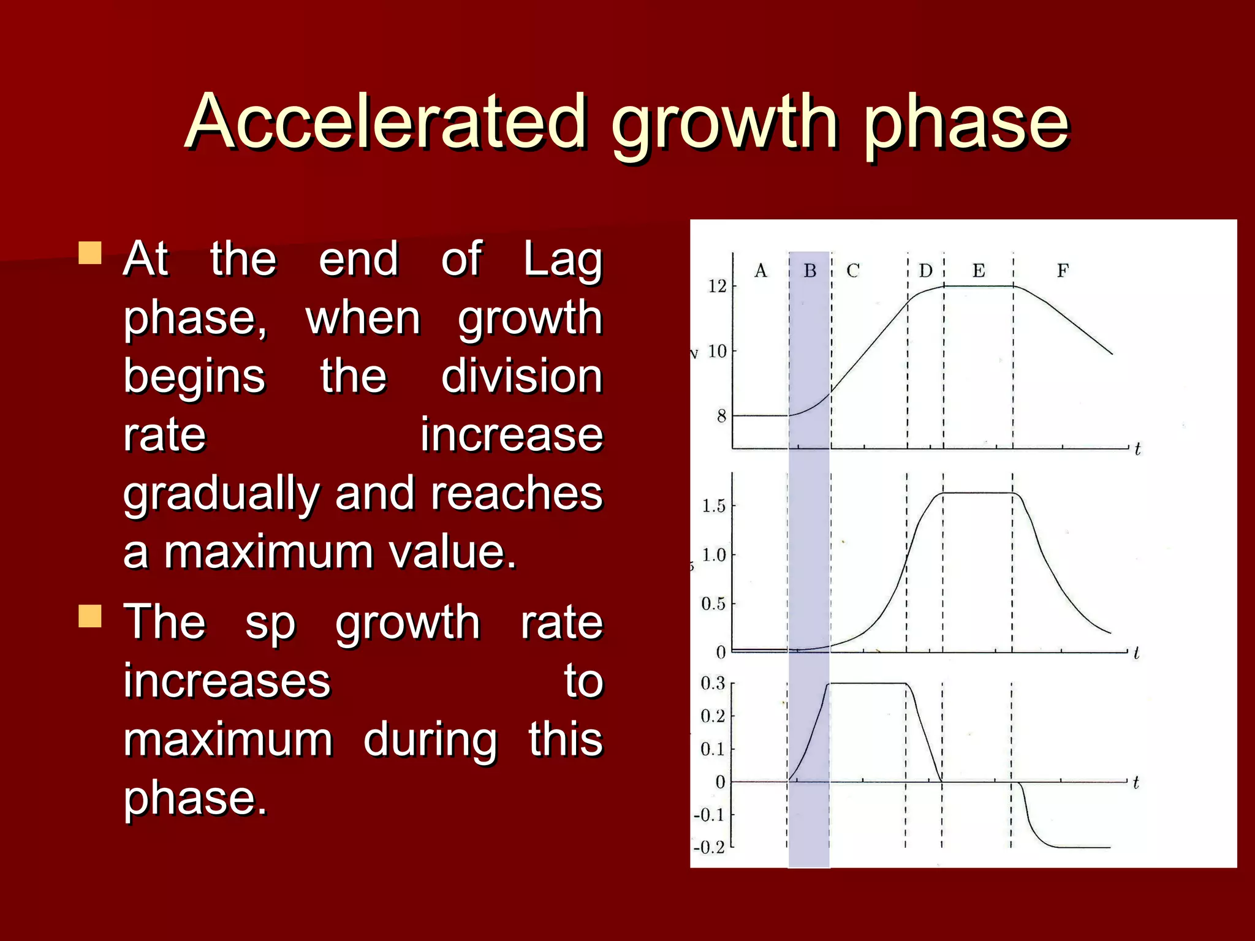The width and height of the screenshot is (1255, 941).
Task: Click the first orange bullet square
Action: click(x=90, y=252)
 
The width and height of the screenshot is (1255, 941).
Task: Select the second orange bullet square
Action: click(x=90, y=616)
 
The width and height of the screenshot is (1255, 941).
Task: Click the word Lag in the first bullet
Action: click(x=563, y=259)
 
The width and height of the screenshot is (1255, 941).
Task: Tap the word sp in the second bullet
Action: click(x=270, y=623)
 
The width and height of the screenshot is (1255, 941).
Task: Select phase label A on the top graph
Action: click(x=760, y=270)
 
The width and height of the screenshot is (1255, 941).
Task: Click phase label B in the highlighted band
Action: click(x=810, y=270)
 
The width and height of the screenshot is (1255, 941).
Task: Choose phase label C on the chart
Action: click(x=853, y=270)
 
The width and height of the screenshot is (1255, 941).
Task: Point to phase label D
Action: click(x=925, y=270)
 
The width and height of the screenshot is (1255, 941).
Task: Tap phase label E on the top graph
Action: click(x=979, y=270)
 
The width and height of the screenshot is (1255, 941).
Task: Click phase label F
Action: click(x=1063, y=270)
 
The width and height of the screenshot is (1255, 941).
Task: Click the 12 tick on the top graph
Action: click(x=717, y=286)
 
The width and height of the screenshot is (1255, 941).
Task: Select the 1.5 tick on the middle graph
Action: click(x=713, y=506)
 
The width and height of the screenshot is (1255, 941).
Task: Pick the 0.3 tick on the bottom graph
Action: click(x=713, y=683)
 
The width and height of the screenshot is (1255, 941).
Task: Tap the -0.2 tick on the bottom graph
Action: click(x=709, y=847)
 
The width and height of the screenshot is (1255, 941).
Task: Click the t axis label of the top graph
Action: click(x=1137, y=449)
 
